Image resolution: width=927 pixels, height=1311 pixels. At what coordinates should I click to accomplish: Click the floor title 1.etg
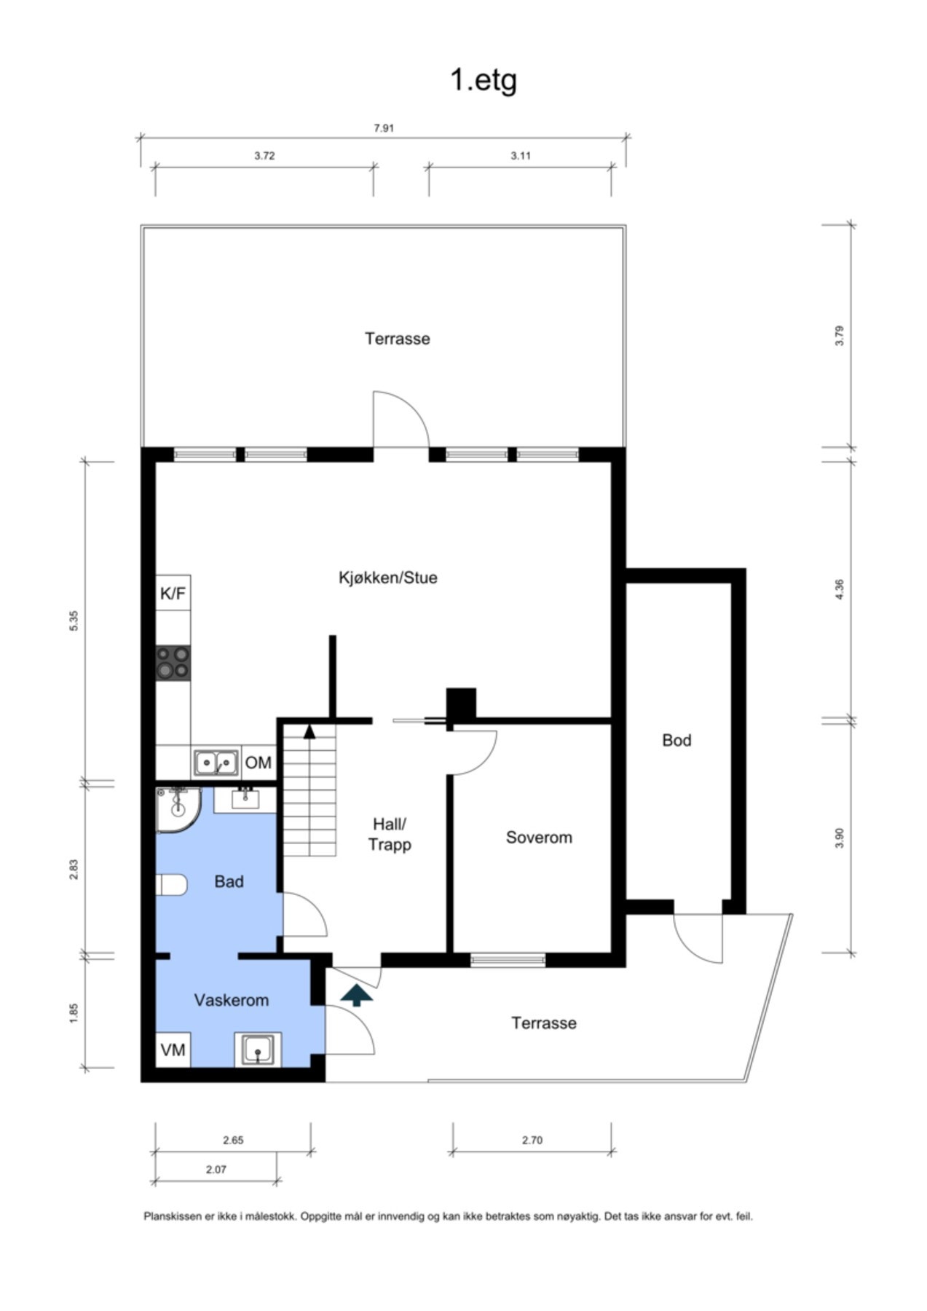pyautogui.click(x=483, y=79)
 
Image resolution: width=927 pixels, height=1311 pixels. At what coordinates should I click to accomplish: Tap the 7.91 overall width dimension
pyautogui.click(x=384, y=128)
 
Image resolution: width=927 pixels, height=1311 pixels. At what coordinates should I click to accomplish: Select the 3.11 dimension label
pyautogui.click(x=520, y=156)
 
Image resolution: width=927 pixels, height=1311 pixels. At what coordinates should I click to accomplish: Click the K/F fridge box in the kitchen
pyautogui.click(x=173, y=594)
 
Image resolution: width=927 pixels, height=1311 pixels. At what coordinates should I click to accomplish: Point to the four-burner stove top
pyautogui.click(x=173, y=663)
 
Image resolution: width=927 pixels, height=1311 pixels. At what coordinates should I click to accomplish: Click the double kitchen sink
pyautogui.click(x=216, y=763)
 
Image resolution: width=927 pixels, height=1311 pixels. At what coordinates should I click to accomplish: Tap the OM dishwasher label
pyautogui.click(x=258, y=763)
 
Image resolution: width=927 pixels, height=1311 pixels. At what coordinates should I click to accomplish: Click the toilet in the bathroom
pyautogui.click(x=172, y=885)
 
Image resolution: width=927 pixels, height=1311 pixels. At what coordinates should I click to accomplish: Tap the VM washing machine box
pyautogui.click(x=173, y=1050)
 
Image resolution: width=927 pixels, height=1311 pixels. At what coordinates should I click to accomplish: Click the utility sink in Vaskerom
pyautogui.click(x=257, y=1050)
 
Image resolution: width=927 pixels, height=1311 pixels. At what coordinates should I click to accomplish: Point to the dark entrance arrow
pyautogui.click(x=356, y=995)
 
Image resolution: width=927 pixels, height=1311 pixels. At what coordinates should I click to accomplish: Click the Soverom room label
pyautogui.click(x=539, y=838)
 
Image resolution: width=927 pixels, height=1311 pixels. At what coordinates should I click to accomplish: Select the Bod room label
pyautogui.click(x=676, y=741)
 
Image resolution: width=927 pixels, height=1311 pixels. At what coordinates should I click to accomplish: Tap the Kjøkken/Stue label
pyautogui.click(x=387, y=578)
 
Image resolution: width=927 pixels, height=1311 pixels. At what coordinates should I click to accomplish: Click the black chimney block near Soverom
pyautogui.click(x=461, y=704)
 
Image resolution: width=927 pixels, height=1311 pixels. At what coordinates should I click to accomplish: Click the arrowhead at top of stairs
pyautogui.click(x=309, y=731)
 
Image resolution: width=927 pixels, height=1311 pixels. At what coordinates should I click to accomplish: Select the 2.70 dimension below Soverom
pyautogui.click(x=532, y=1141)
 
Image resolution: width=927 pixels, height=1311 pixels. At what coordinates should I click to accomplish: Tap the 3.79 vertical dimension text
pyautogui.click(x=839, y=336)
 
